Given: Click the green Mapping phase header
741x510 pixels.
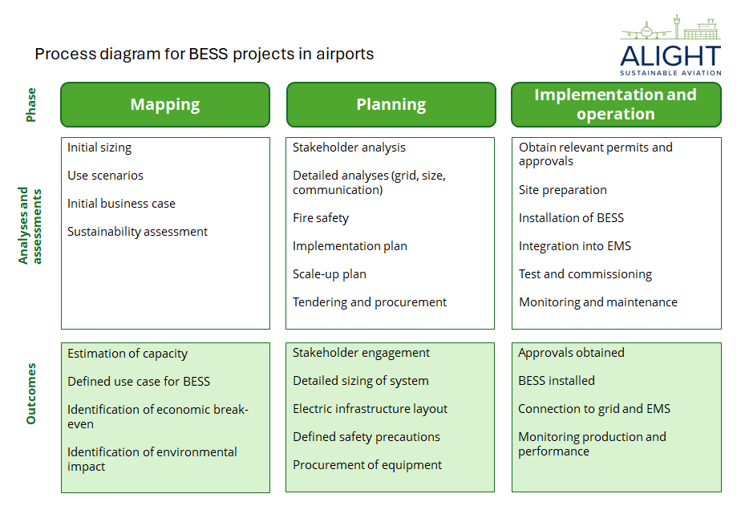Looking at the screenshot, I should coord(165,105).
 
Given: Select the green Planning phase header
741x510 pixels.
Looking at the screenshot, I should coord(391,105).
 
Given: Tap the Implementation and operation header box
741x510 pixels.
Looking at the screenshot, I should coord(616,105).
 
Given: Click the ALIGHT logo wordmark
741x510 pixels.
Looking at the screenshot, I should coord(670,55).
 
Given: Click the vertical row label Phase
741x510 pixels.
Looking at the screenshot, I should coord(31,105).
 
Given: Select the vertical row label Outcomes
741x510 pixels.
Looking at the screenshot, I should coord(31,394).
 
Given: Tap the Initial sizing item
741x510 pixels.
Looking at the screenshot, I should coord(99,148).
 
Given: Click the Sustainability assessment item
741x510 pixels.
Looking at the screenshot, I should coord(137,232).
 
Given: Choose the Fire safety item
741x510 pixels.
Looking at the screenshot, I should coord(321,218).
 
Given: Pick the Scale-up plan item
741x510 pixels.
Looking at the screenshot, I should coord(330,274).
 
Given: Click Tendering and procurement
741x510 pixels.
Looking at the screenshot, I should coord(370,302).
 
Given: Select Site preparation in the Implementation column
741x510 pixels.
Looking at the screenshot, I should coord(563,190).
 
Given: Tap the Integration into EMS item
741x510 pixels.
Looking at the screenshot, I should coord(573,246).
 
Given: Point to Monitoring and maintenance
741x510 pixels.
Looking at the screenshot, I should coord(598,302).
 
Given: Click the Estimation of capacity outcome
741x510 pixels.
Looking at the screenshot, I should coord(128,354).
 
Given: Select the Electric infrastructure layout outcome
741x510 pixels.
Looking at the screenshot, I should coord(370,409).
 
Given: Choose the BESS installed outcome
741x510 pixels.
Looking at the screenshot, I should coord(557,381).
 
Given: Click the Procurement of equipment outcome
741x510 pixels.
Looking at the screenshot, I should coord(367,465).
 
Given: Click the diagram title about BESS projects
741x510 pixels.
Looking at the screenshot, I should coord(204,55).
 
